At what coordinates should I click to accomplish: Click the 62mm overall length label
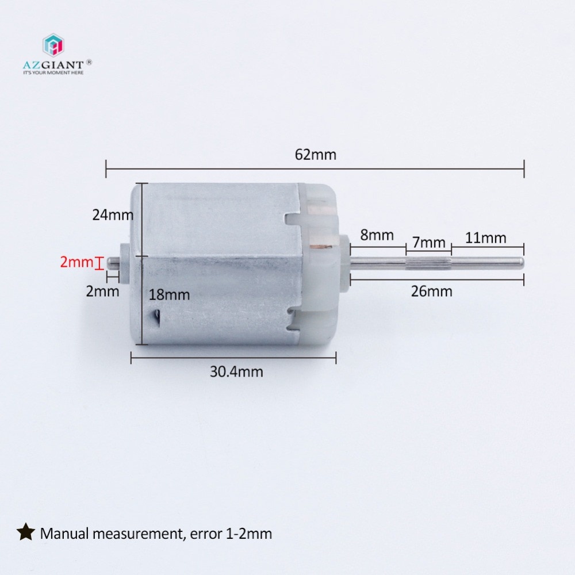coord(315,155)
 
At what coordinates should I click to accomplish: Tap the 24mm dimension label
coord(113,215)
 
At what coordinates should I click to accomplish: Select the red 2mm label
coord(76,263)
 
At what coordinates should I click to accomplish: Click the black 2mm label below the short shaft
coord(102,291)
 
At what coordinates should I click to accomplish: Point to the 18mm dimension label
coord(169,295)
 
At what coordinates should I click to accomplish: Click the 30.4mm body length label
coord(236,371)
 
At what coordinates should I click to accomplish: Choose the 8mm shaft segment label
coord(377,235)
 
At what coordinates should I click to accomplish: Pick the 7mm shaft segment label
coord(428,243)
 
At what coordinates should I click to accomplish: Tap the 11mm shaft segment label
coord(486,237)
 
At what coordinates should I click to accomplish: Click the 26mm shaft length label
coord(432,292)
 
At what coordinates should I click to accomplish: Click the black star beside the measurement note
coord(25,533)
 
